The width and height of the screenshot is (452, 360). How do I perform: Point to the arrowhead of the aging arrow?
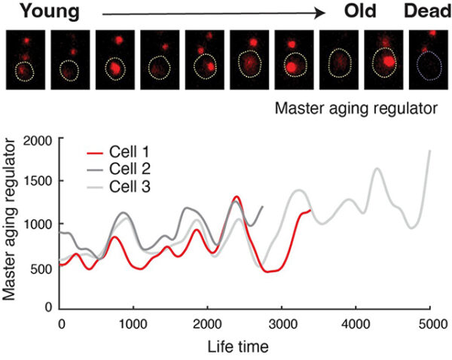[322, 13]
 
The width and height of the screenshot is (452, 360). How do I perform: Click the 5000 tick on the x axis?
[429, 322]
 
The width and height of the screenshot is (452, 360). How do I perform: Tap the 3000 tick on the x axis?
[282, 322]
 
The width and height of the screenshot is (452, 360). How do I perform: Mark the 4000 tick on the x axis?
[356, 322]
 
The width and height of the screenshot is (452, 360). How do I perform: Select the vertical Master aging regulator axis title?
[11, 223]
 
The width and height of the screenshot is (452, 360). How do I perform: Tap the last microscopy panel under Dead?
[424, 59]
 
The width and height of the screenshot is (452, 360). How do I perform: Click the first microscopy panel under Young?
[26, 59]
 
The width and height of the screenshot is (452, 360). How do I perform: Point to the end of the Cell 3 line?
[430, 151]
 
